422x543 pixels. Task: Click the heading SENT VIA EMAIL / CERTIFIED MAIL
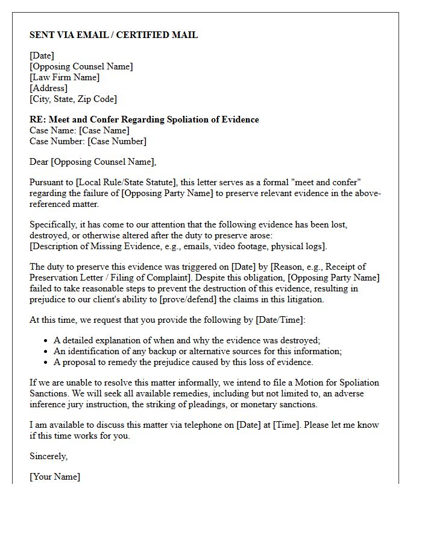pyautogui.click(x=113, y=35)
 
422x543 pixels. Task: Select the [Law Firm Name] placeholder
pyautogui.click(x=65, y=77)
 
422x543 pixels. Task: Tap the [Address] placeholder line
pyautogui.click(x=48, y=88)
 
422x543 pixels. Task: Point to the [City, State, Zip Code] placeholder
pyautogui.click(x=73, y=99)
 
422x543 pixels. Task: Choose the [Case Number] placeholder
pyautogui.click(x=116, y=141)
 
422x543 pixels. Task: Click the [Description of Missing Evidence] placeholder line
pyautogui.click(x=178, y=246)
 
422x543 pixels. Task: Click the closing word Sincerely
pyautogui.click(x=48, y=456)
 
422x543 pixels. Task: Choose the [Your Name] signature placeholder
pyautogui.click(x=54, y=477)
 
